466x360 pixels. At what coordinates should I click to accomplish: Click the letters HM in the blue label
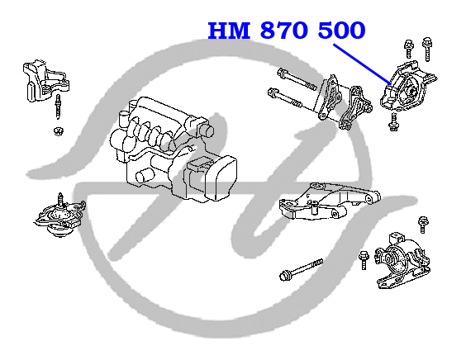(x=229, y=31)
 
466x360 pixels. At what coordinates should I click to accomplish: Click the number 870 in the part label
(x=283, y=31)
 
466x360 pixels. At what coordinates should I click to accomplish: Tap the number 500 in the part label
(x=342, y=31)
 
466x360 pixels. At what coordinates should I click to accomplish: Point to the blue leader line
(x=362, y=64)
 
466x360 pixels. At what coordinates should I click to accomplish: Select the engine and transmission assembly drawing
(x=174, y=149)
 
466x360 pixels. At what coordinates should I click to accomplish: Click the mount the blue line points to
(x=408, y=87)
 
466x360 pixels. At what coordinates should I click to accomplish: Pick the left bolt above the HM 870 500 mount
(x=408, y=49)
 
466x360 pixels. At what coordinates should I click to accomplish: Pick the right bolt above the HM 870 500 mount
(x=427, y=49)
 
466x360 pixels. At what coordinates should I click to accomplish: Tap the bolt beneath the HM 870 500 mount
(x=393, y=121)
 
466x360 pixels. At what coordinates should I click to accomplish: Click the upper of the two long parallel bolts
(x=297, y=79)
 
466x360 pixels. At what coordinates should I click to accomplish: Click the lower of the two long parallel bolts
(x=284, y=97)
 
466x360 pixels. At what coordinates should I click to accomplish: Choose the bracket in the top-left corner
(x=46, y=81)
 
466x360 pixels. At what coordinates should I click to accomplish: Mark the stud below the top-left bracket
(x=58, y=107)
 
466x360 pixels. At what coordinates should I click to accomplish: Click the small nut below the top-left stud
(x=59, y=130)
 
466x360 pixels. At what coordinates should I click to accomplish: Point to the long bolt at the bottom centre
(x=301, y=270)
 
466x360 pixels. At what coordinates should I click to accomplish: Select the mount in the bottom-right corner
(x=402, y=262)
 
